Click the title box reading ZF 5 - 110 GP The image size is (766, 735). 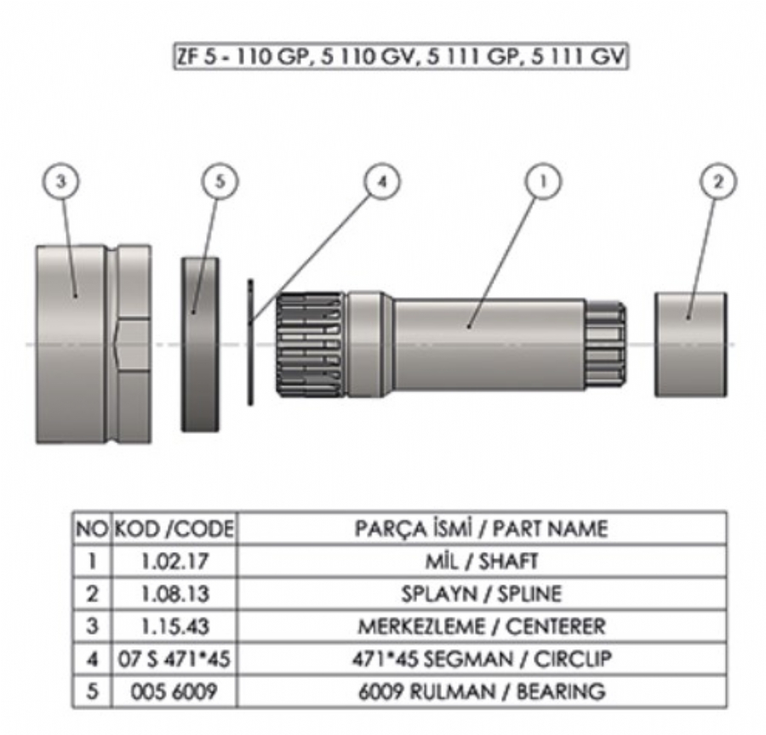[x=400, y=59]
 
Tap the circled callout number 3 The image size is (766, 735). [x=61, y=181]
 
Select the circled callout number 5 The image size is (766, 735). [x=220, y=181]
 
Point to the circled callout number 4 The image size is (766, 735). [x=382, y=181]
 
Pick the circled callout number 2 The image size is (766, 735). [x=717, y=181]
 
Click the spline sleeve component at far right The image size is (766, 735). [x=690, y=344]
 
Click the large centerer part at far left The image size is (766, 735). [x=93, y=344]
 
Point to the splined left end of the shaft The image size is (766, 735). [x=311, y=344]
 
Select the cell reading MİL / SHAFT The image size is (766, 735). [x=482, y=561]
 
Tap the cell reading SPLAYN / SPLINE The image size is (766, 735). [x=482, y=594]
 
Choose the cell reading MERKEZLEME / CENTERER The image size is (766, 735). [x=482, y=627]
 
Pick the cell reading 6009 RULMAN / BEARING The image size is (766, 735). [x=482, y=692]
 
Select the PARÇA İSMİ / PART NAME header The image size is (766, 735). [x=482, y=529]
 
